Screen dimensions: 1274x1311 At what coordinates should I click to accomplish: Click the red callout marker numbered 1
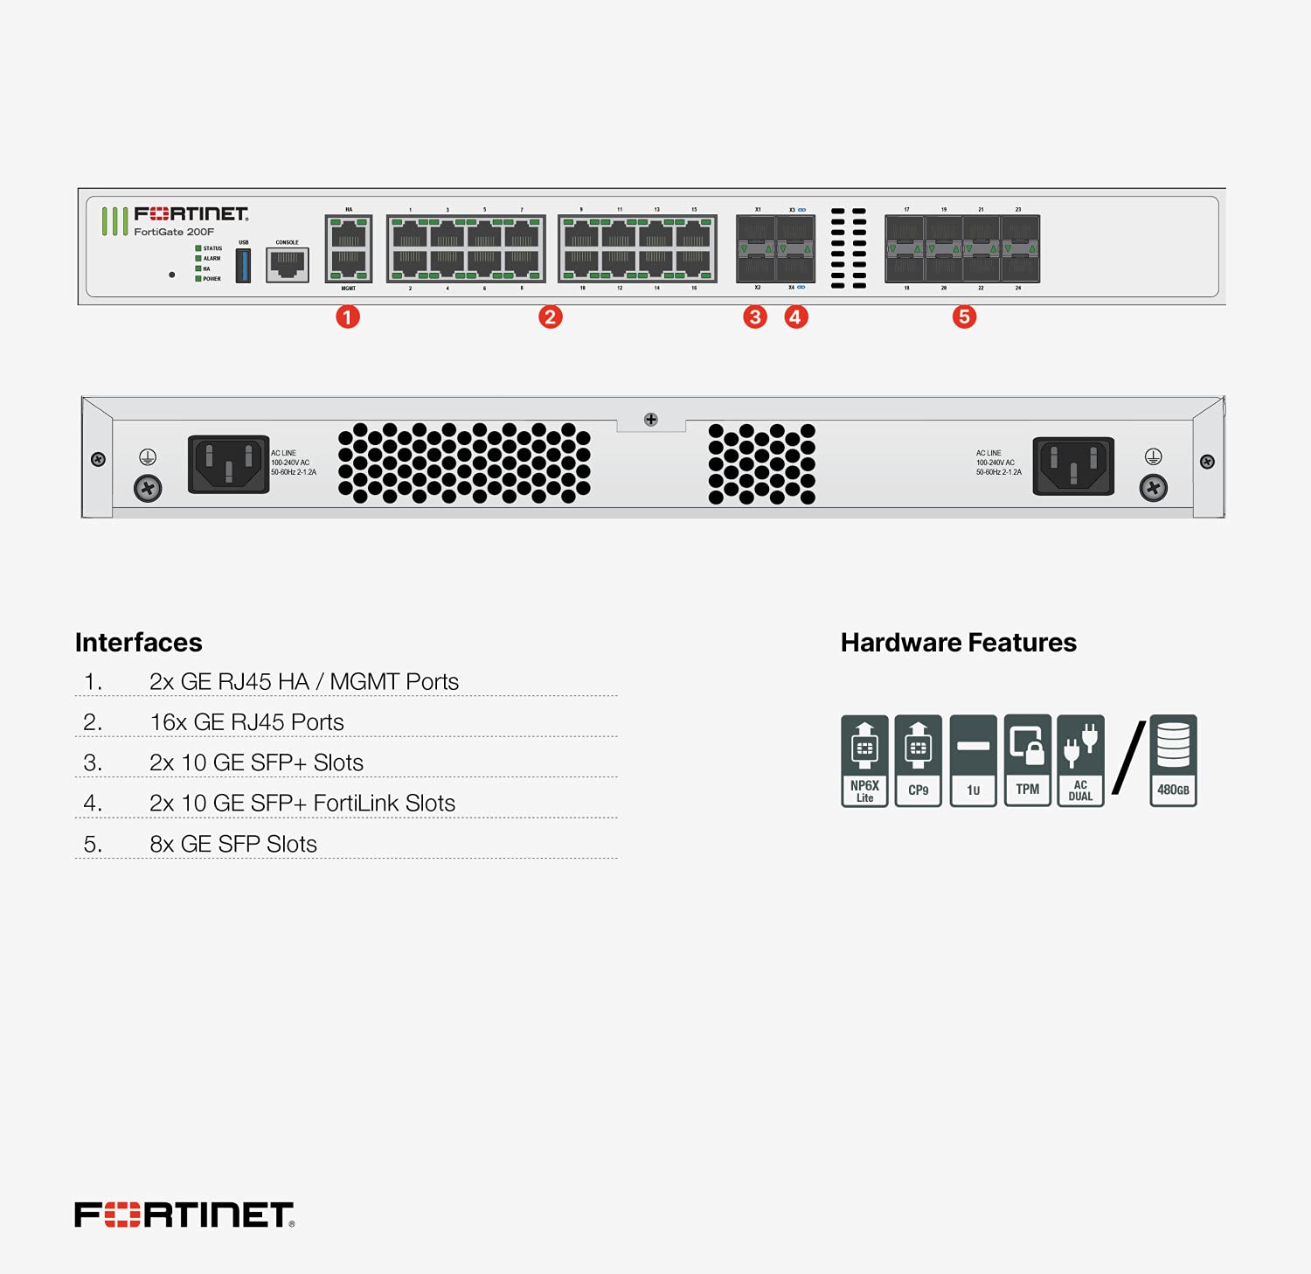[x=348, y=317]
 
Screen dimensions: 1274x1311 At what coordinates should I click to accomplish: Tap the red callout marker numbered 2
[x=550, y=317]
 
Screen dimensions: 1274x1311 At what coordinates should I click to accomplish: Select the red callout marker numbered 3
[x=755, y=317]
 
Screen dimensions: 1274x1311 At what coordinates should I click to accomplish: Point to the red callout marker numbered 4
[x=795, y=317]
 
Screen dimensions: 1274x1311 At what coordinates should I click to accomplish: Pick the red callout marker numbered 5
[x=964, y=317]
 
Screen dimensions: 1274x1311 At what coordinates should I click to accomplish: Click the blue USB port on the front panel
[x=244, y=265]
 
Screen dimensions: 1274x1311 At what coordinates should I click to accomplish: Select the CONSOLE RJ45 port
[x=288, y=264]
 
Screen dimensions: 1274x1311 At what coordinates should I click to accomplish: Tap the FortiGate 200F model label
[x=174, y=232]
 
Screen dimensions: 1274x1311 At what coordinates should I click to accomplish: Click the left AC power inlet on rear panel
[x=229, y=464]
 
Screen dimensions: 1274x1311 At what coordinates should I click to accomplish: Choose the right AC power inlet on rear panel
[x=1073, y=465]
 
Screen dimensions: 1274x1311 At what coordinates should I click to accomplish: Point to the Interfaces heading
[x=139, y=643]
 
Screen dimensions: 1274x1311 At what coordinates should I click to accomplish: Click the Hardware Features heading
[x=958, y=643]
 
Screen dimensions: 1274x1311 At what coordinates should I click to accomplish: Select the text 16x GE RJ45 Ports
[x=246, y=722]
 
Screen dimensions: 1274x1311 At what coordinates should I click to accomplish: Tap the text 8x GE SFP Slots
[x=232, y=844]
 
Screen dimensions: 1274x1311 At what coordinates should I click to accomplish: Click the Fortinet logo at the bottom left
[x=184, y=1215]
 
